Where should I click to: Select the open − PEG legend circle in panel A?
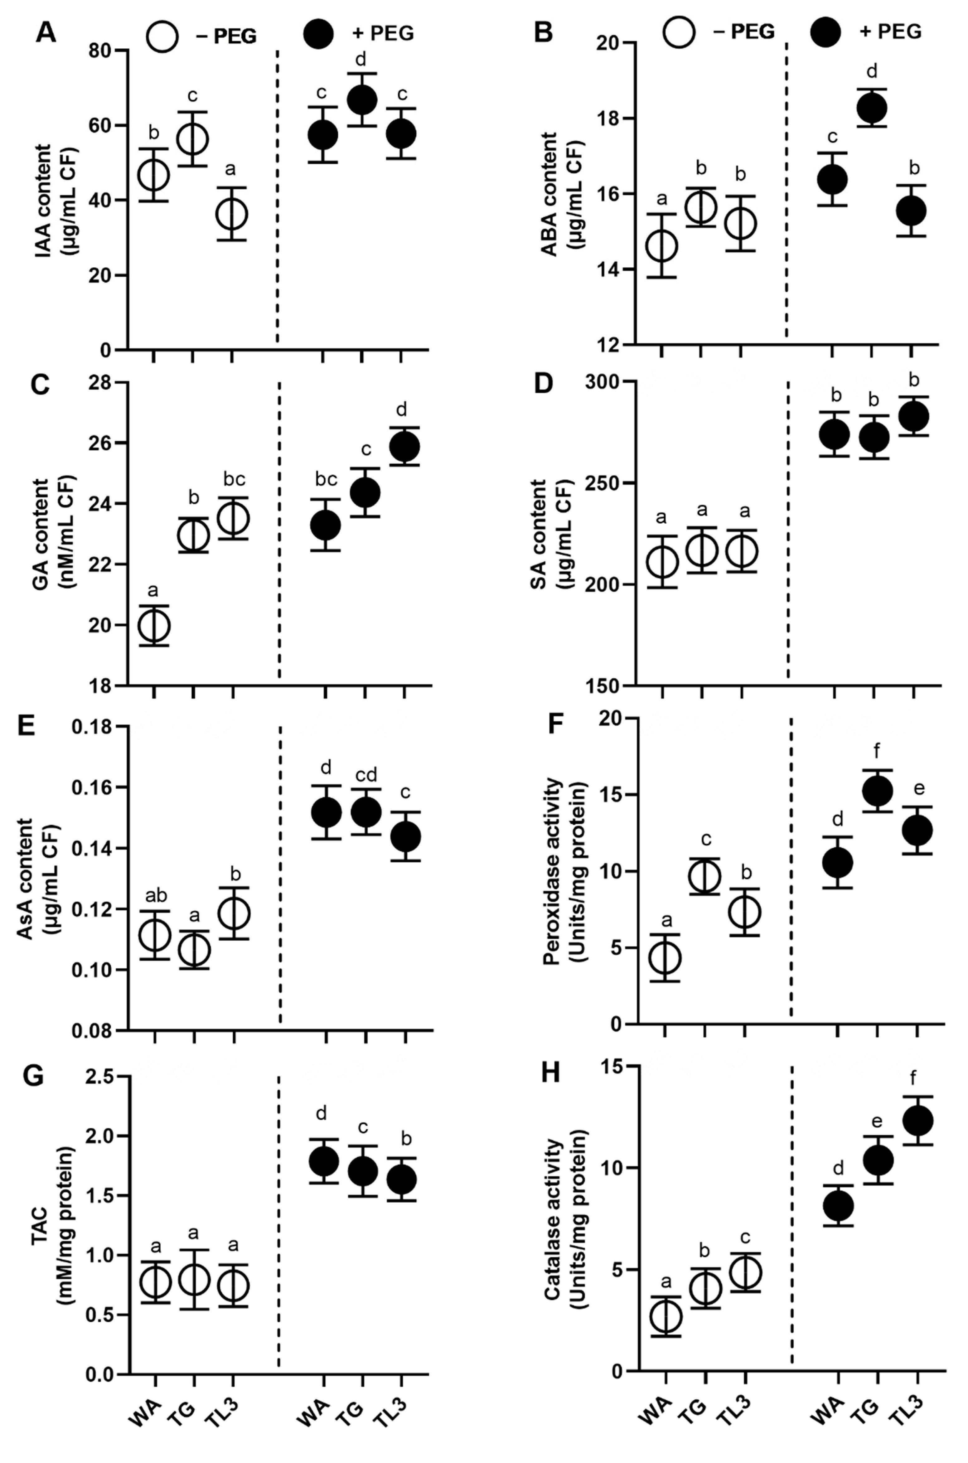[162, 36]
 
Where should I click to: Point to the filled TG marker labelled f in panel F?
[877, 791]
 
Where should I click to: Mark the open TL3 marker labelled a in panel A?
[232, 214]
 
